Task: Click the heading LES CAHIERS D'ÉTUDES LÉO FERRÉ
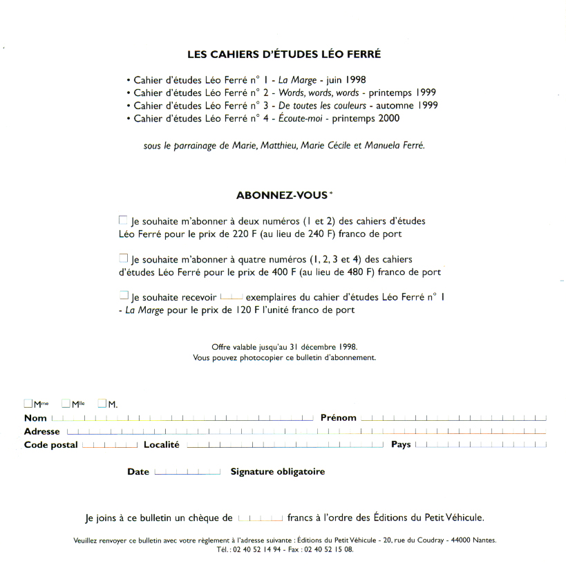[x=284, y=54]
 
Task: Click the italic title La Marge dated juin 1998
[x=297, y=80]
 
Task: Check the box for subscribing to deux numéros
[x=123, y=220]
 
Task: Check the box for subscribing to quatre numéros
[x=123, y=258]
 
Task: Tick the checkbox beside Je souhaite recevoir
[x=123, y=295]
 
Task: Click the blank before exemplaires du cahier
[x=231, y=296]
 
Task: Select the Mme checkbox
[x=28, y=404]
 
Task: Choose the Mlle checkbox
[x=66, y=404]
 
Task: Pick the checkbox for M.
[x=102, y=404]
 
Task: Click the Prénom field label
[x=339, y=418]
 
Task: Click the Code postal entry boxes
[x=109, y=446]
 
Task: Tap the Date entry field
[x=187, y=473]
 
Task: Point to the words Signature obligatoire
[x=278, y=472]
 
